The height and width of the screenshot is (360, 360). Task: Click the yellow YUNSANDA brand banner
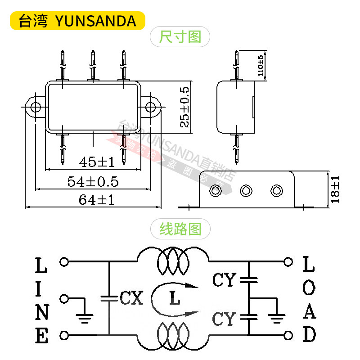77,21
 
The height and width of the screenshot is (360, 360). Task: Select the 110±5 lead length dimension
261,67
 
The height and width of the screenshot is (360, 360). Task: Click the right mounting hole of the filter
150,107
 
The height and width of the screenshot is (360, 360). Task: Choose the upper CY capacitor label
224,280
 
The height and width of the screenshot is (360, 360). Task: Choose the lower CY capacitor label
224,319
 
